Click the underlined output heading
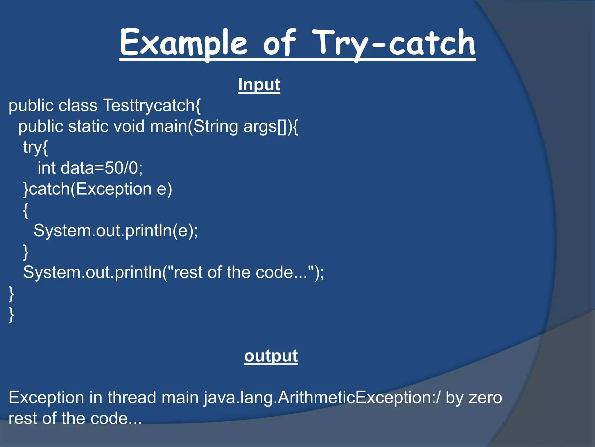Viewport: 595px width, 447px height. coord(271,356)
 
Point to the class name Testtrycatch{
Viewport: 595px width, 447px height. coord(151,105)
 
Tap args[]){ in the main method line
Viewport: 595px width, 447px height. coord(270,126)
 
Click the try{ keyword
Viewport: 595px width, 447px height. coord(35,147)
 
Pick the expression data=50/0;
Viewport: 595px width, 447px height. coord(102,168)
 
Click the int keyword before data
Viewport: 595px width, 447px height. coord(46,168)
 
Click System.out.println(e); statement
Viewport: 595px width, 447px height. coord(115,230)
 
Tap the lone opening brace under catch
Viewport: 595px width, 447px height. coord(26,210)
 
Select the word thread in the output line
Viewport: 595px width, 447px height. coord(132,398)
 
